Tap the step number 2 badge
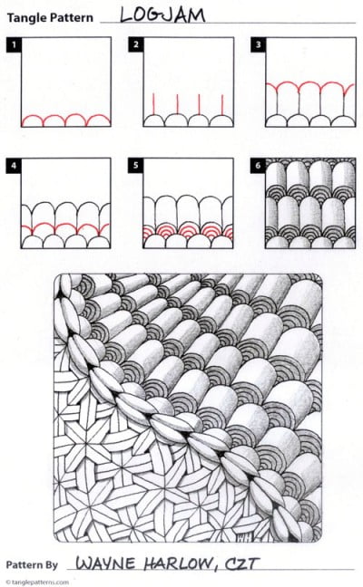coord(135,43)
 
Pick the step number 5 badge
coord(135,165)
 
